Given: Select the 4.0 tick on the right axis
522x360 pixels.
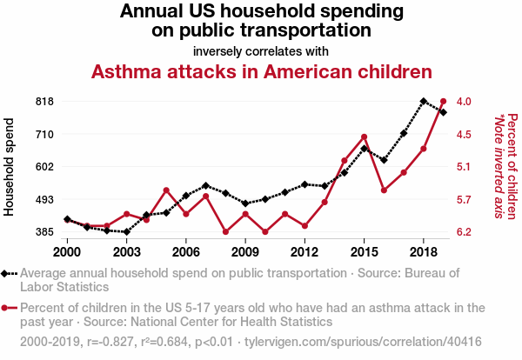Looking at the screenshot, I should click(x=465, y=101).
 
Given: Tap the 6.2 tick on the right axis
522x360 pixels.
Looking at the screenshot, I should click(x=465, y=232).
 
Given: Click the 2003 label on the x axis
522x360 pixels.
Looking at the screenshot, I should click(x=126, y=251).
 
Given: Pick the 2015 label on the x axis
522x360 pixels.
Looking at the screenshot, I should click(x=364, y=251).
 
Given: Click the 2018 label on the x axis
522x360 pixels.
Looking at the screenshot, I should click(x=423, y=251).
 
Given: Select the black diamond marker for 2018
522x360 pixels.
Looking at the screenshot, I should click(x=423, y=101).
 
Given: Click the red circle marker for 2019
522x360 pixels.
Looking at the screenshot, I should click(x=443, y=102).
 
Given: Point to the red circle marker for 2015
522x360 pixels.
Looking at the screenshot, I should click(x=364, y=137).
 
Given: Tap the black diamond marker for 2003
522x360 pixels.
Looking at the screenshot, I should click(x=127, y=232).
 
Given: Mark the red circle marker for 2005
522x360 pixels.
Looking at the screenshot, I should click(x=166, y=190).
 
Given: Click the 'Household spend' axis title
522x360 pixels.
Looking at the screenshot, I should click(x=10, y=166).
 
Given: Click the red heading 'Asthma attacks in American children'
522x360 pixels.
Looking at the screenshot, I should click(x=262, y=71).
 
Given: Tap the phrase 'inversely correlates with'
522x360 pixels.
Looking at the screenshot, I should click(x=261, y=50).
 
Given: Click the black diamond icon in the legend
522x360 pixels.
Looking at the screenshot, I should click(x=9, y=273).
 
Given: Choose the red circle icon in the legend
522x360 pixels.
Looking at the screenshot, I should click(x=9, y=307).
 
